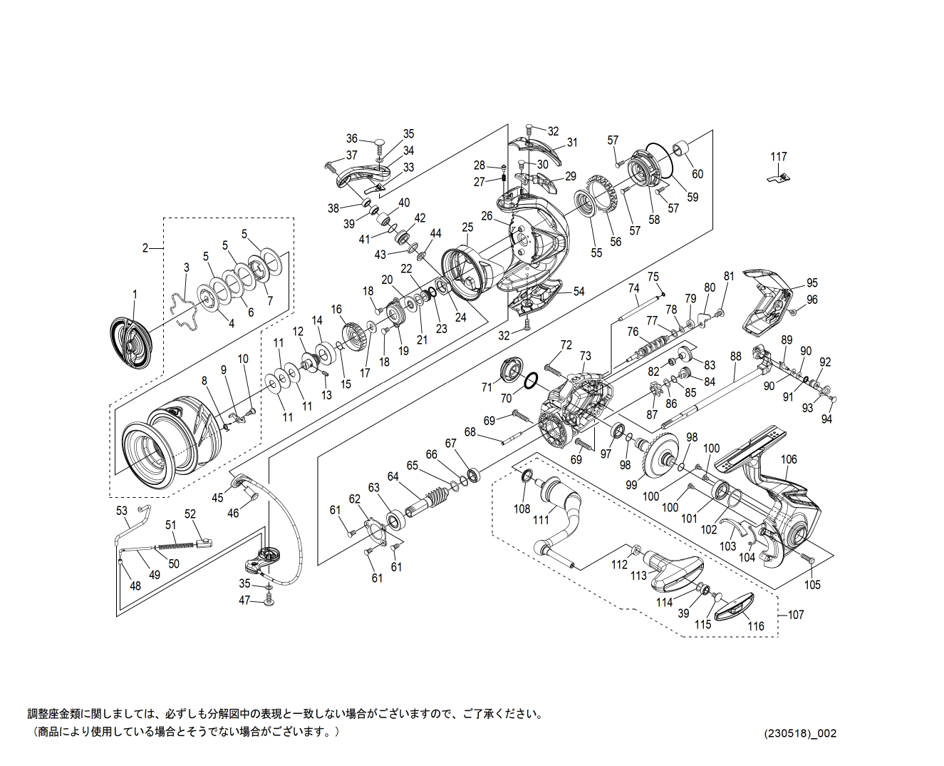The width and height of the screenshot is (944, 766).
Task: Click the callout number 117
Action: pos(778,157)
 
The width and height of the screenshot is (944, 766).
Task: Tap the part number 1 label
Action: pos(135,295)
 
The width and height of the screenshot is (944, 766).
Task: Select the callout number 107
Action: pos(796,615)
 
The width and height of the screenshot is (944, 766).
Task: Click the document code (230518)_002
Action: pos(801,733)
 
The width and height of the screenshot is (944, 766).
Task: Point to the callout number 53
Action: pos(122,511)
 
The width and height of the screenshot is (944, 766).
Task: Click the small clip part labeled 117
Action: pos(779,178)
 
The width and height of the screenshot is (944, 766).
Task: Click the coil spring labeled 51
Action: pos(175,546)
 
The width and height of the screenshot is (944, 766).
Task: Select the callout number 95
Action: pos(812,282)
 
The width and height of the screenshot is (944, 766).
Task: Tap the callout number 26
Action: pos(487,216)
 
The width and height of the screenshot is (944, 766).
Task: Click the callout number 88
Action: pos(736,356)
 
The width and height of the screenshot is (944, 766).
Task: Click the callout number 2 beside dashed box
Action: pos(145,248)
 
